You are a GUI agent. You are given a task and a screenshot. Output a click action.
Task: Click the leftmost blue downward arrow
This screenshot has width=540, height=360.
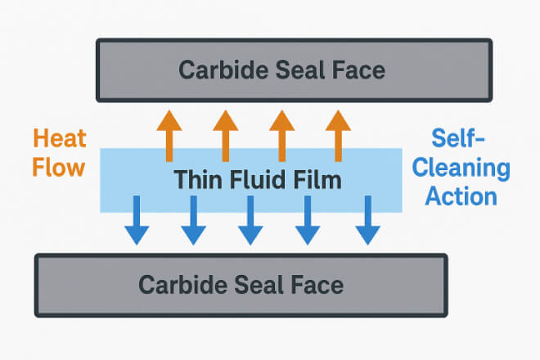point(137,221)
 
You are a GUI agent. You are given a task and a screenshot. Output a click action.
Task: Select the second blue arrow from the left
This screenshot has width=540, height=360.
point(193,221)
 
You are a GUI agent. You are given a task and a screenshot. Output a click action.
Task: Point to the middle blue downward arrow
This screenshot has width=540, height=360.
point(250,221)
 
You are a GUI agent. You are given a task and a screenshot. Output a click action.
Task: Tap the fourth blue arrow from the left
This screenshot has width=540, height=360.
point(307,221)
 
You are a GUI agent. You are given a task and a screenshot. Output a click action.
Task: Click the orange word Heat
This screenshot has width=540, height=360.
point(59,139)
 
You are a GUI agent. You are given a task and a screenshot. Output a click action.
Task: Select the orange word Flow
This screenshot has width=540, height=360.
point(59,168)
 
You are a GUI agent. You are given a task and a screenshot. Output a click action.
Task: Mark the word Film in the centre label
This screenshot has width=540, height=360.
point(314,178)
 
